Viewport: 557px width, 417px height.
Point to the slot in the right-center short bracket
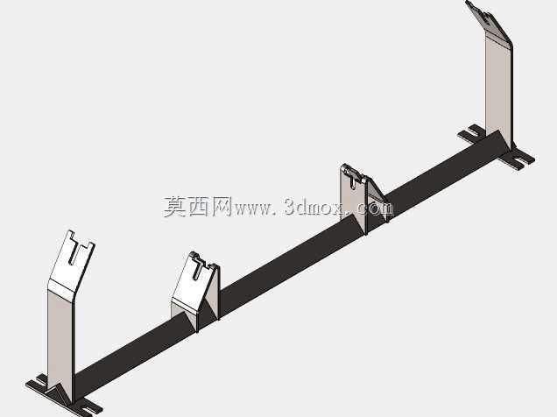[352, 182]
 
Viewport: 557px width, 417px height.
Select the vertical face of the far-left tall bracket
[60, 337]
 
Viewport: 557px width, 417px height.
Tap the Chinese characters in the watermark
[198, 207]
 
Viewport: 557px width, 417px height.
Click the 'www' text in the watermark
[252, 209]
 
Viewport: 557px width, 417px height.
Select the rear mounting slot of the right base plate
[472, 132]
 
